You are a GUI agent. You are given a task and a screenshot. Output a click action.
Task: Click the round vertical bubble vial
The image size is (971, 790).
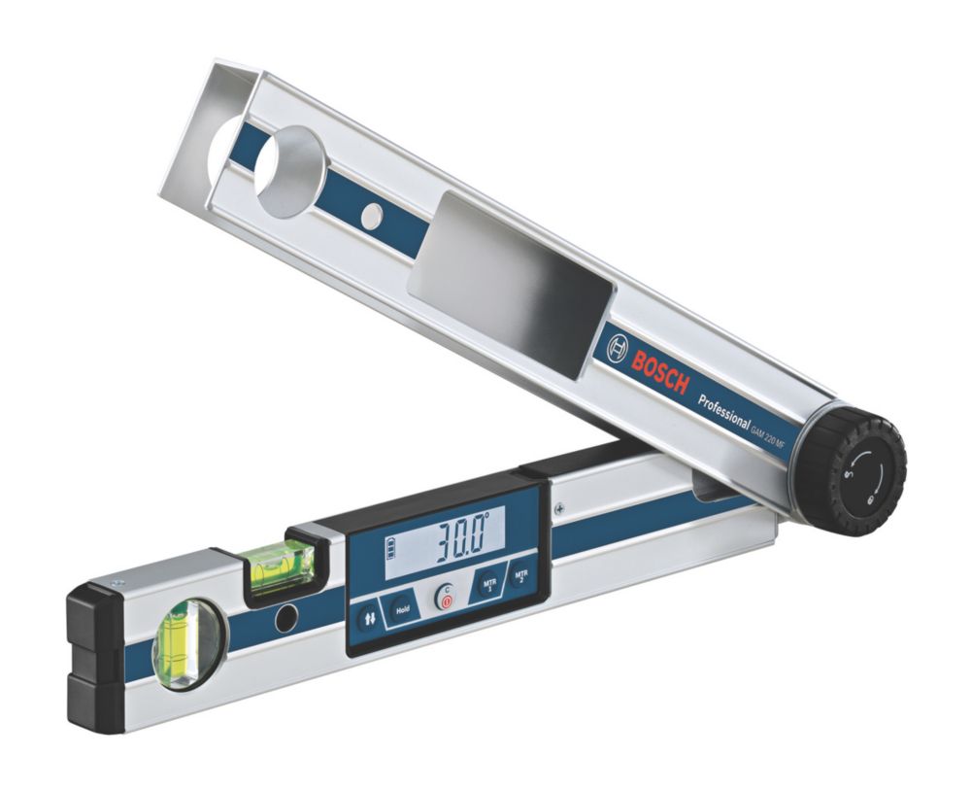181,643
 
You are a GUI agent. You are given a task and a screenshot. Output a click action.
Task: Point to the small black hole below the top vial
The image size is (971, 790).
285,619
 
